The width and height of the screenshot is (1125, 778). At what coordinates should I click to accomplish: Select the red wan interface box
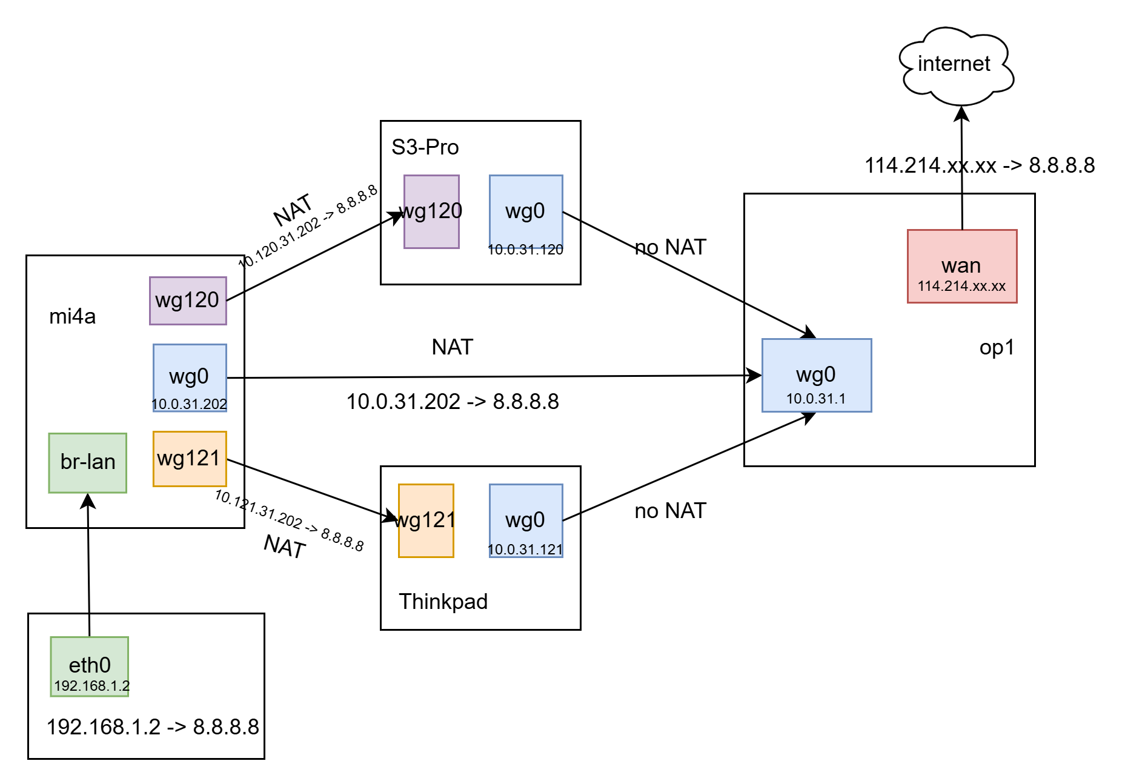[961, 266]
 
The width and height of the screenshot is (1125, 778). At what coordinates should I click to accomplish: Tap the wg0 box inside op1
[816, 376]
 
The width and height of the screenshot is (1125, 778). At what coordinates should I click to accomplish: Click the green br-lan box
[88, 462]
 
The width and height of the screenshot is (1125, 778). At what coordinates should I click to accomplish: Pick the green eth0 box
[90, 666]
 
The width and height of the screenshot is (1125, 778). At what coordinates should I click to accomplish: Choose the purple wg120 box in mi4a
[188, 301]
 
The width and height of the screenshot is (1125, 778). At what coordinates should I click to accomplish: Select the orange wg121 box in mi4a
[190, 459]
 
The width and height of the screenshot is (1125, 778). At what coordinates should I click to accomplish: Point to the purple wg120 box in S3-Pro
[431, 211]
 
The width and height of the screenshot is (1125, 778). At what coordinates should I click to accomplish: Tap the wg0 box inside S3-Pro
[525, 212]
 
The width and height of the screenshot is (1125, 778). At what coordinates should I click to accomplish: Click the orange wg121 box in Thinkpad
[425, 520]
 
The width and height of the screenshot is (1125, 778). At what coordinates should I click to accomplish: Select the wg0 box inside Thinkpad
[525, 520]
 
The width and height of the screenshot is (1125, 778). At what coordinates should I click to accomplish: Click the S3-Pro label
[425, 147]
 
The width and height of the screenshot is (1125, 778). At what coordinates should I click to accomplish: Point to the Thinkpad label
[443, 602]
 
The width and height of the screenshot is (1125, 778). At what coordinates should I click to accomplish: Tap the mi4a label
[72, 316]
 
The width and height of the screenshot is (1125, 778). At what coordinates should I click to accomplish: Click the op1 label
[996, 347]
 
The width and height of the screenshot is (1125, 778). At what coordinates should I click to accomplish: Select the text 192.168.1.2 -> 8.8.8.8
[153, 726]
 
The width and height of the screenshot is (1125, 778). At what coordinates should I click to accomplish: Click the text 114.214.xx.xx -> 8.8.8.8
[979, 165]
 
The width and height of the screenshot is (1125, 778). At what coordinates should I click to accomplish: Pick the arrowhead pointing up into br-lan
[88, 500]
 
